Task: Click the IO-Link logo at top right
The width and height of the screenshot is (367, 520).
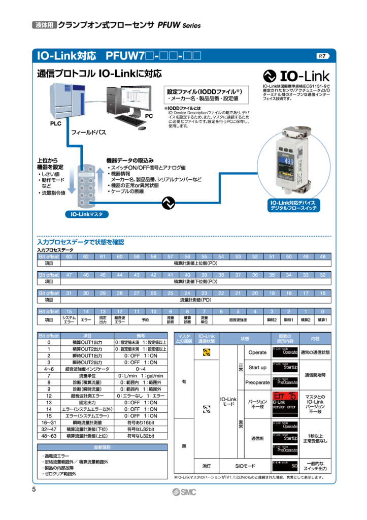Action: point(298,76)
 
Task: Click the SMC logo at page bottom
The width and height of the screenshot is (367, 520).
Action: point(183,493)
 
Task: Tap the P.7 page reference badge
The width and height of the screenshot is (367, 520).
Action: point(324,56)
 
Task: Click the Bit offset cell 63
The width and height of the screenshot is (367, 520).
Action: point(69,256)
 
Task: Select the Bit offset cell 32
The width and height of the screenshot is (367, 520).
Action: point(322,275)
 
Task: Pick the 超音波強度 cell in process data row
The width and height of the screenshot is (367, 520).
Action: point(238,320)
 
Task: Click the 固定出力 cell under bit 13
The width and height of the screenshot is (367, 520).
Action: point(103,320)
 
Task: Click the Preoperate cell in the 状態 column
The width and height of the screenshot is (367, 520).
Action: point(257,382)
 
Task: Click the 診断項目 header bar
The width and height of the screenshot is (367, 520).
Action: point(102,447)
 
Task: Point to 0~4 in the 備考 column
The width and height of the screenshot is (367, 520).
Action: point(137,369)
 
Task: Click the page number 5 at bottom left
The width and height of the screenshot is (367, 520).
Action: point(34,490)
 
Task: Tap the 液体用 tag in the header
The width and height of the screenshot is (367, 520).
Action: point(44,25)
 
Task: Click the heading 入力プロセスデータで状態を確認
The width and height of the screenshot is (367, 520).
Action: point(81,242)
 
